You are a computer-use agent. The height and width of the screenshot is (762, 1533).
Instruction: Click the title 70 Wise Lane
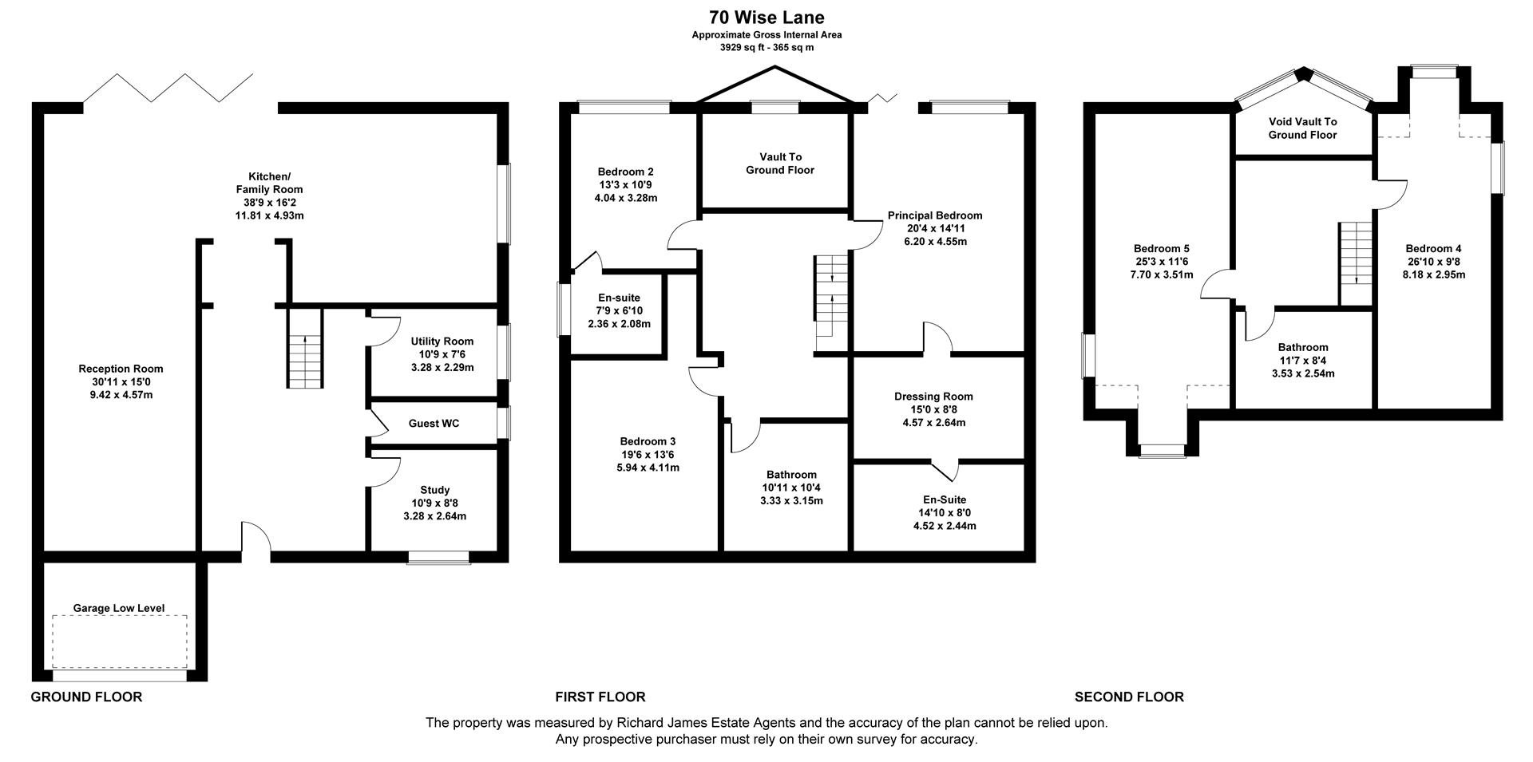pyautogui.click(x=766, y=17)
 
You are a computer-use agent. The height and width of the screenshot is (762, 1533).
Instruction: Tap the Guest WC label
pyautogui.click(x=434, y=424)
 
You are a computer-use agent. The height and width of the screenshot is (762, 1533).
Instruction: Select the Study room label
pyautogui.click(x=435, y=490)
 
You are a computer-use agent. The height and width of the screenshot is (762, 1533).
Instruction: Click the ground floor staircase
pyautogui.click(x=305, y=360)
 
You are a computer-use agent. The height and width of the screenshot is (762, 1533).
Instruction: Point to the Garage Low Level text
pyautogui.click(x=119, y=608)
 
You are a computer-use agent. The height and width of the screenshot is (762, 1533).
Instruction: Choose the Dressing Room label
pyautogui.click(x=933, y=397)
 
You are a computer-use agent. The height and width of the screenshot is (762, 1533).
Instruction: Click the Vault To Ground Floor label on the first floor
pyautogui.click(x=780, y=164)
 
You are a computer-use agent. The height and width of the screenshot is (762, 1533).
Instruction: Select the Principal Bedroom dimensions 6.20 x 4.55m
pyautogui.click(x=935, y=241)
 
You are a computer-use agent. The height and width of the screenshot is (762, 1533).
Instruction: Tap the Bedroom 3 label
pyautogui.click(x=648, y=441)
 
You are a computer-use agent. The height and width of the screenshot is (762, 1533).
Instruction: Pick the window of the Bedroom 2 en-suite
pyautogui.click(x=564, y=309)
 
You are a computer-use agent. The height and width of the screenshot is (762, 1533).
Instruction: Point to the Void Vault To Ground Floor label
pyautogui.click(x=1302, y=128)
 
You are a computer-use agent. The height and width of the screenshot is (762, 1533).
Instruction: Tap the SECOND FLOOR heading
pyautogui.click(x=1129, y=697)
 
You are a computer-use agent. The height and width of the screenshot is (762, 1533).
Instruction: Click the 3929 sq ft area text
pyautogui.click(x=766, y=48)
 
